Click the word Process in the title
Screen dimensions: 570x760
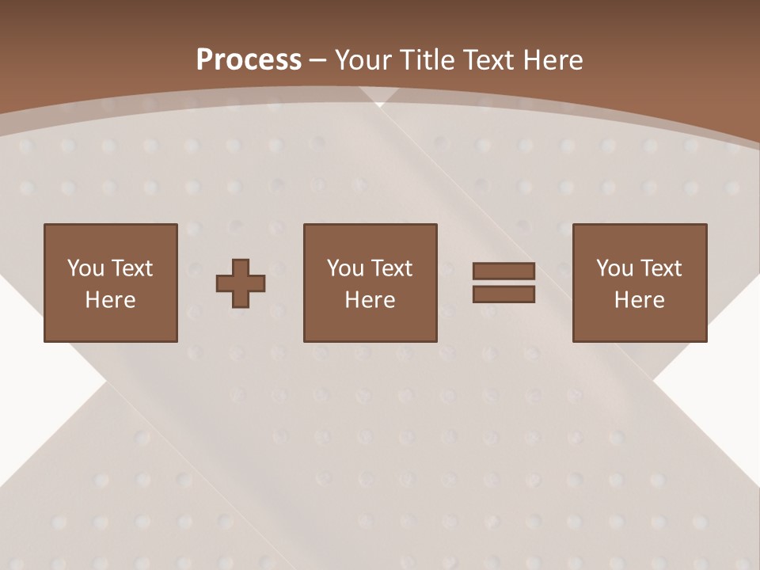tap(249, 60)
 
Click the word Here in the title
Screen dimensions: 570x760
tap(555, 60)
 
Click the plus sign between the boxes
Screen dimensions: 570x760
tap(241, 283)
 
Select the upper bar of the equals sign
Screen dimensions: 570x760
tap(503, 272)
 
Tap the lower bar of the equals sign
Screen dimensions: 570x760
tap(503, 294)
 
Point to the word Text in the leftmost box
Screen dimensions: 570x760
tap(132, 268)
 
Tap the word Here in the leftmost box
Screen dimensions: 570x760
tap(111, 300)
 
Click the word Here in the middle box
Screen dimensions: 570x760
tap(370, 300)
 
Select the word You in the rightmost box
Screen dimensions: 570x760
tap(615, 268)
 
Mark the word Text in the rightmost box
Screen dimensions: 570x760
tap(661, 268)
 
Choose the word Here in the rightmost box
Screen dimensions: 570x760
tap(640, 300)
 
